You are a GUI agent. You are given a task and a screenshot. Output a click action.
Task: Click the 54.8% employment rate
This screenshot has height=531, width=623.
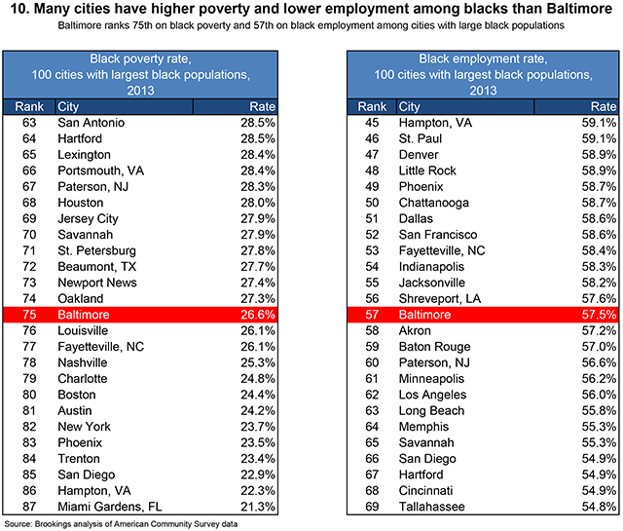[597, 506]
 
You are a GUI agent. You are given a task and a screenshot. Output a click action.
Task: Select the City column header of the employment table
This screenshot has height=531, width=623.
[410, 106]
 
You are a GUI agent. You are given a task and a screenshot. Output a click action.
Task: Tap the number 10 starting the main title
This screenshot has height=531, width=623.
[15, 11]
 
